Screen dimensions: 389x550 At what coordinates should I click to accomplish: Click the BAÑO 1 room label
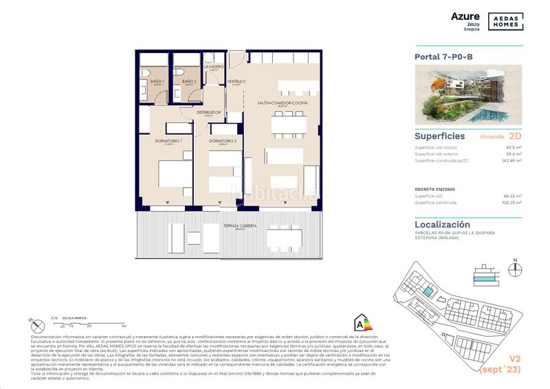(x=157, y=82)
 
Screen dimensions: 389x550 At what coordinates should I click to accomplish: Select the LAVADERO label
(x=214, y=66)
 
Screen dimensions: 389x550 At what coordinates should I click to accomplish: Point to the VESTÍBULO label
(x=236, y=81)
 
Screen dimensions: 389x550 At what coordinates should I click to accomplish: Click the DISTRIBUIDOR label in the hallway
(x=208, y=112)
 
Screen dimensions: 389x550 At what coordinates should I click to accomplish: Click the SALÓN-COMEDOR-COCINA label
(x=283, y=103)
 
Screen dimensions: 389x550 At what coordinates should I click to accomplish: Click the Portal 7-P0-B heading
(x=443, y=57)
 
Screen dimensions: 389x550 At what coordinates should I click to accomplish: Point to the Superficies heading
(x=440, y=136)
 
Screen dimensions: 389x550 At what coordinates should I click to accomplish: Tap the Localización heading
(x=443, y=224)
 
